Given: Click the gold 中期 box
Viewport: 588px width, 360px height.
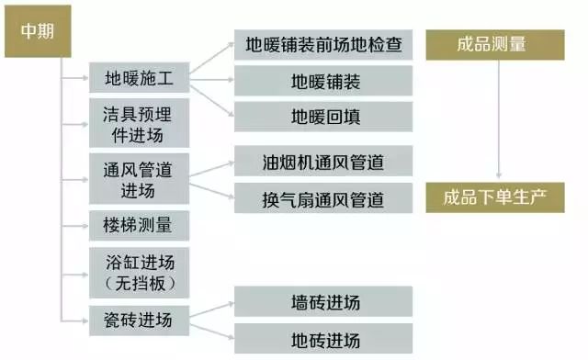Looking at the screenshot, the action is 38,31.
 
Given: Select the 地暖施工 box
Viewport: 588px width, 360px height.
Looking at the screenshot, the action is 139,78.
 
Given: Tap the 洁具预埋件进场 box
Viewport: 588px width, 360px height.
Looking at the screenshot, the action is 139,123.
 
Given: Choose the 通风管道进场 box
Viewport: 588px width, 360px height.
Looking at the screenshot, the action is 139,178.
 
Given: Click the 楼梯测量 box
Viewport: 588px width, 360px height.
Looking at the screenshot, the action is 139,225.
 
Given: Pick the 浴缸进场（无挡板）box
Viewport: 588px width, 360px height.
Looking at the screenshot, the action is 139,273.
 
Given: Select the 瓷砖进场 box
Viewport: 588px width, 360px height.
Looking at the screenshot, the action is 139,321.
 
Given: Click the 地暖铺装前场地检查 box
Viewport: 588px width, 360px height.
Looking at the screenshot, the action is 323,45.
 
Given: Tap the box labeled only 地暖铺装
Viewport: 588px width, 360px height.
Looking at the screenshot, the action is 323,81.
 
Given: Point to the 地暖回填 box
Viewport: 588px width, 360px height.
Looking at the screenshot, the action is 323,117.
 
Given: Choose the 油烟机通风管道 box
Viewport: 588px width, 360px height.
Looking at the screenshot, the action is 323,161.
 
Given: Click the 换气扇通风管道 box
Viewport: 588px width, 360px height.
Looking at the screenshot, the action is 323,198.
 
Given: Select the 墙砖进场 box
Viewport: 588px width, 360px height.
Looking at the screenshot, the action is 323,301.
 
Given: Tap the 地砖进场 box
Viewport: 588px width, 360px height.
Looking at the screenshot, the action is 323,339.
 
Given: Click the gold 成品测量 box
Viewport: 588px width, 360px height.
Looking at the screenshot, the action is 495,45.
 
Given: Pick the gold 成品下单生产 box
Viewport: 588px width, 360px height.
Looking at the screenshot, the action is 495,197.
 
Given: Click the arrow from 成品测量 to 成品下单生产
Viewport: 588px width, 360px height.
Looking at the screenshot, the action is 499,119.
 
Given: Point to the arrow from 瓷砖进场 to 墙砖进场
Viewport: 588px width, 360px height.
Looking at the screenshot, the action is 212,309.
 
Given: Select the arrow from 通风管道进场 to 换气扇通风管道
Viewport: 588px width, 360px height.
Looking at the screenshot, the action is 212,191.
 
